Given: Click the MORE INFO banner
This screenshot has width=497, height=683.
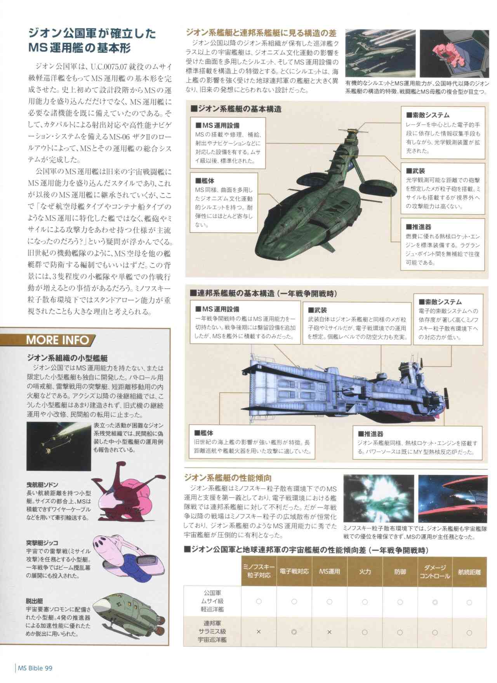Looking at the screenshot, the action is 58,340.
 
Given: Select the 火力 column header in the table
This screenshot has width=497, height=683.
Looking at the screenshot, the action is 365,571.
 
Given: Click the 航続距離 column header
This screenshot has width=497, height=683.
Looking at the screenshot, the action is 469,571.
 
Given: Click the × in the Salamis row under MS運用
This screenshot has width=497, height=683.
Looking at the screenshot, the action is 329,632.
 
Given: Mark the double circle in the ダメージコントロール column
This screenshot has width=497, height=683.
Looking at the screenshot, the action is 434,602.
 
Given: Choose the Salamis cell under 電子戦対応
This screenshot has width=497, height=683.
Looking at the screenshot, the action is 294,632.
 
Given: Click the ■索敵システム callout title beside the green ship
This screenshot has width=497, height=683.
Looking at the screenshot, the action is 427,115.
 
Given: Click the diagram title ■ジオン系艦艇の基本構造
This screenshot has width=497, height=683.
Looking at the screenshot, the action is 236,109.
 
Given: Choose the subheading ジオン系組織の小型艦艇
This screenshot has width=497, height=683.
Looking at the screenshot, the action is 67,358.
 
